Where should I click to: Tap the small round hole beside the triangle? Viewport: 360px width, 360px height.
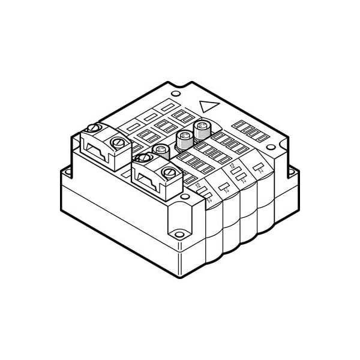click(x=175, y=94)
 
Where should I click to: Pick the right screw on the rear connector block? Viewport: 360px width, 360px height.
click(x=119, y=143)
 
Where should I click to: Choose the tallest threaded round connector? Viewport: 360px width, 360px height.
click(x=202, y=128)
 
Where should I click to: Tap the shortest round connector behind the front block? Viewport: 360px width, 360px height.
click(x=160, y=149)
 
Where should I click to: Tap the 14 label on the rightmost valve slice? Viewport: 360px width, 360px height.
click(x=262, y=171)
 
